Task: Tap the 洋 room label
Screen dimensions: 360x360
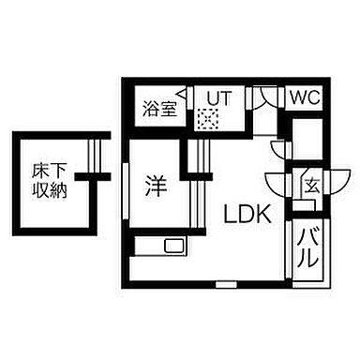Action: [x=157, y=185]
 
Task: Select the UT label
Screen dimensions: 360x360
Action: [x=217, y=97]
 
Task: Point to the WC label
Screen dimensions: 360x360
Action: [x=303, y=97]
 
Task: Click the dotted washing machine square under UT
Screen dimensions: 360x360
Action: [x=208, y=118]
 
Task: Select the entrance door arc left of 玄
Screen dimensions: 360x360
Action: [x=279, y=185]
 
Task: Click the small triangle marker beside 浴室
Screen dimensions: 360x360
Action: [x=187, y=94]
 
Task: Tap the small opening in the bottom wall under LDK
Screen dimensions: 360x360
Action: [x=225, y=281]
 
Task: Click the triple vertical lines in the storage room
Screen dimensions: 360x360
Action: [x=92, y=152]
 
